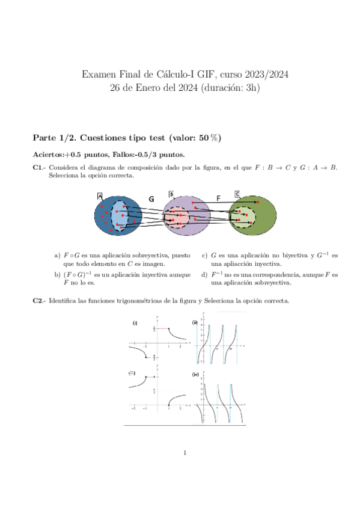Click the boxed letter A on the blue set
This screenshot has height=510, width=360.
click(100, 196)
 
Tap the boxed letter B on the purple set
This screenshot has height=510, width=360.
click(171, 194)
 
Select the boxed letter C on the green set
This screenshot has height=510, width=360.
click(237, 194)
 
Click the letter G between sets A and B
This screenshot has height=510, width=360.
click(151, 198)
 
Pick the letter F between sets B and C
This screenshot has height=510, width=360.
click(218, 198)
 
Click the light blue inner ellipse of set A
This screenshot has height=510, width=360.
click(123, 217)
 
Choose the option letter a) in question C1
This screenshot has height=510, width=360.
click(57, 256)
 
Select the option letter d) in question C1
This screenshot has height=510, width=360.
click(205, 275)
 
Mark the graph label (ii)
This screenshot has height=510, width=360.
click(195, 324)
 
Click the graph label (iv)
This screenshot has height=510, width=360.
click(195, 374)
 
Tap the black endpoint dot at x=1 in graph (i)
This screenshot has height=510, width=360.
click(169, 328)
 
